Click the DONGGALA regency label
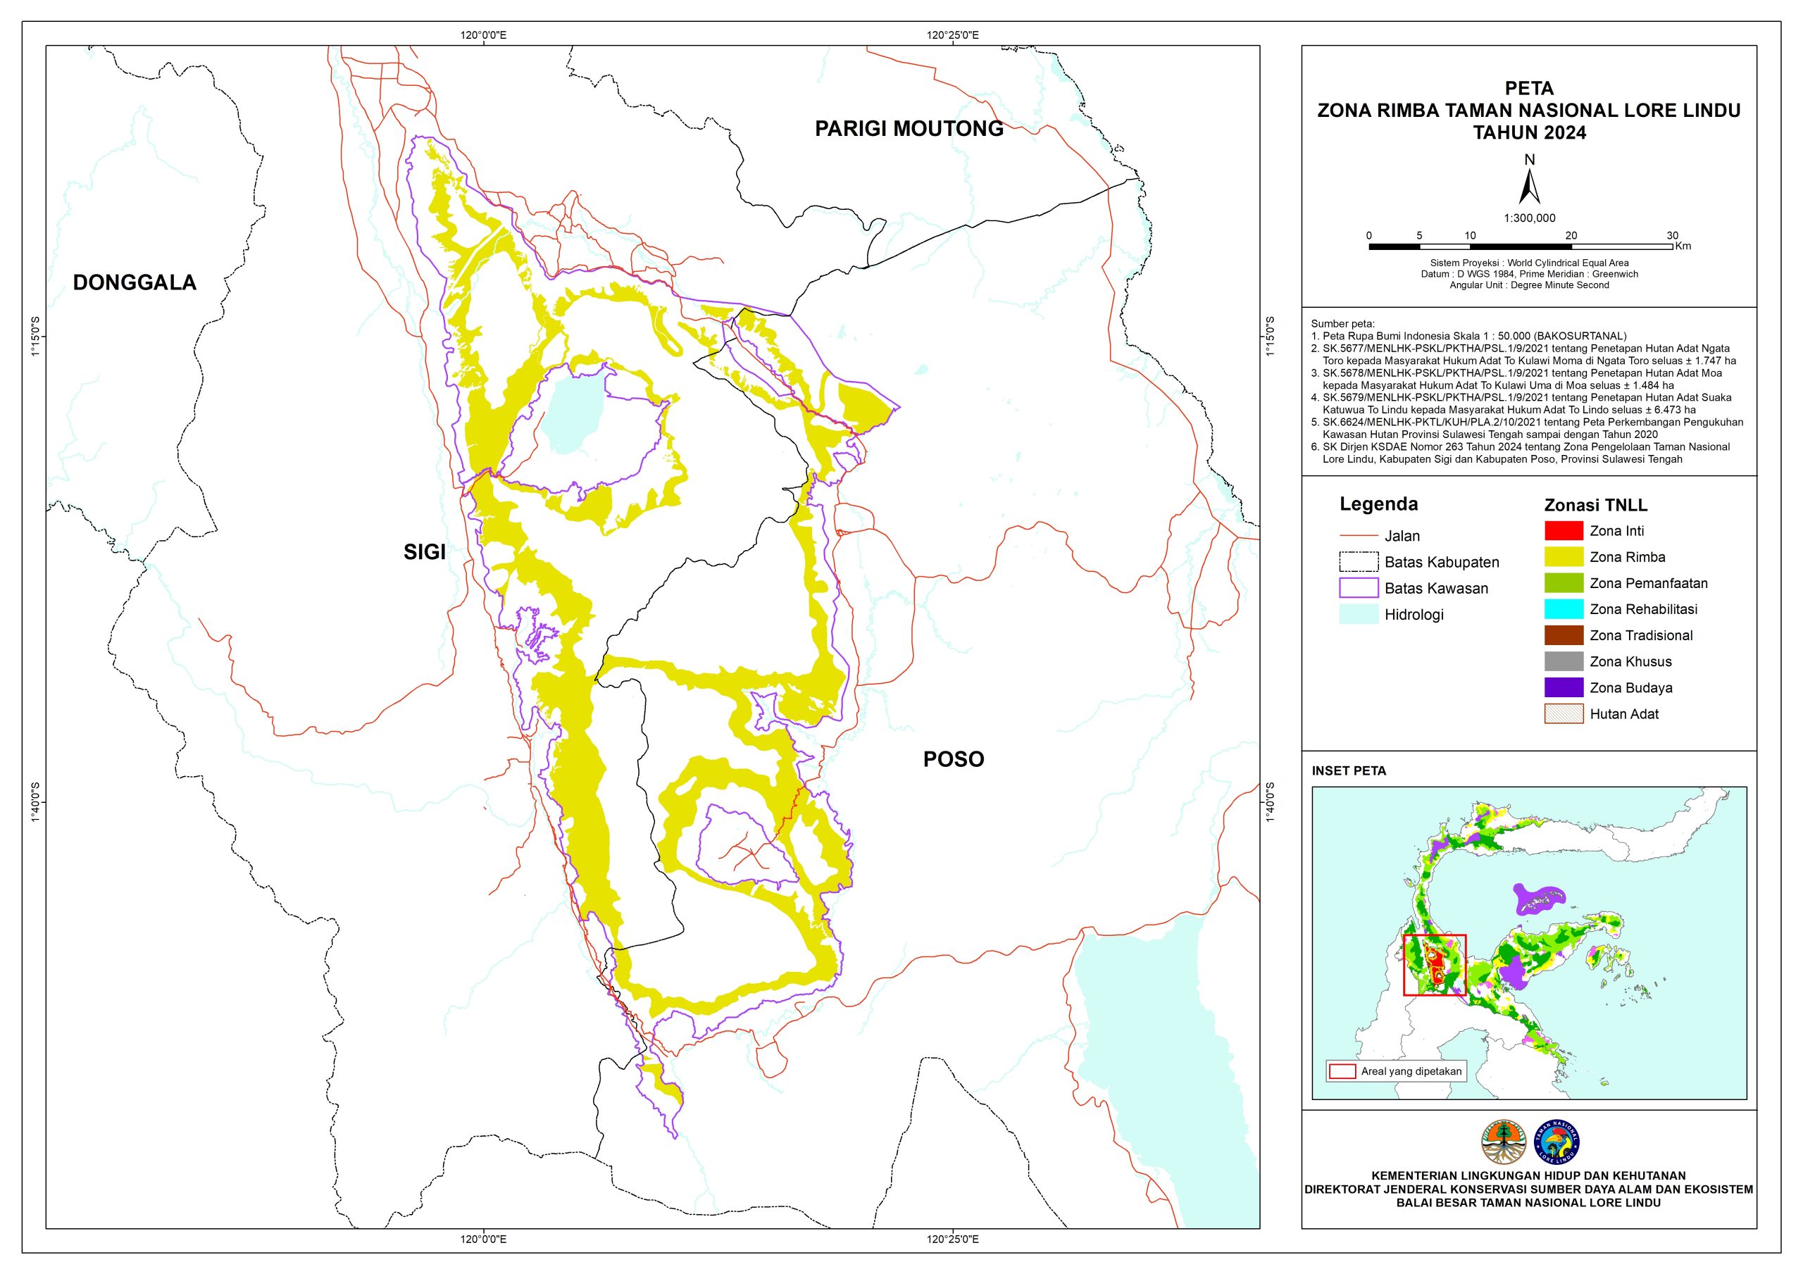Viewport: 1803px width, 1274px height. point(135,283)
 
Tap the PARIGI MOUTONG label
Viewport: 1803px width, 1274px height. point(909,129)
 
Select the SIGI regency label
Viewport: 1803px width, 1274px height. point(424,552)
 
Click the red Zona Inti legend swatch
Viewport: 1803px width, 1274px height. point(1563,531)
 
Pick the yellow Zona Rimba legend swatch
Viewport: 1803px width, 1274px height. point(1563,557)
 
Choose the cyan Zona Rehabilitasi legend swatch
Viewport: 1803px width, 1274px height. point(1563,608)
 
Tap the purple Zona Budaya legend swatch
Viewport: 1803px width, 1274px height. point(1563,687)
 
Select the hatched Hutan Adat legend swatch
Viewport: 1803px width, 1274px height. point(1563,714)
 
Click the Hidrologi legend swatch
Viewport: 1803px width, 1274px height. point(1359,614)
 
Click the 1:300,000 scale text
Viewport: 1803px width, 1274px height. point(1529,218)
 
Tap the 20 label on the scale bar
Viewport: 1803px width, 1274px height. point(1571,236)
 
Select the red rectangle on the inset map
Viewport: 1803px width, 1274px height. point(1435,966)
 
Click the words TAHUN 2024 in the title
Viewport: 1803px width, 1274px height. point(1529,132)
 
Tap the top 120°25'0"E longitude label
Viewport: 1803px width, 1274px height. point(952,35)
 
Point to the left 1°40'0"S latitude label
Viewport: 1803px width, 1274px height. point(35,803)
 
